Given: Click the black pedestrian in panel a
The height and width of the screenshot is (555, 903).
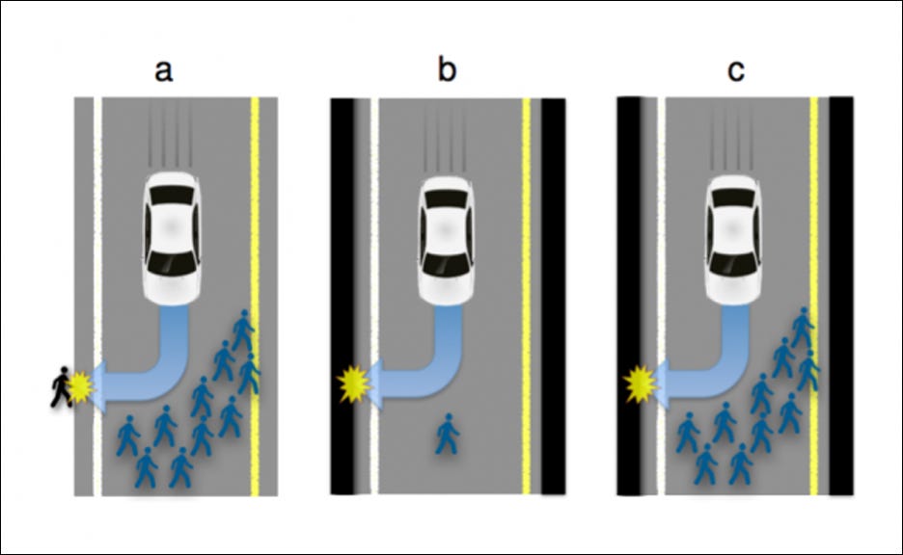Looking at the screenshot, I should coord(63,386).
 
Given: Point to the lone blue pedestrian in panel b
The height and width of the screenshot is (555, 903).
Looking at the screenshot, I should coord(447,433).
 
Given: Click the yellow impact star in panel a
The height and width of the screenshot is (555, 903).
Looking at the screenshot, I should coord(83,387).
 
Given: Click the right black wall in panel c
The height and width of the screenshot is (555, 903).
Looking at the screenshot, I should coord(841,289).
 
